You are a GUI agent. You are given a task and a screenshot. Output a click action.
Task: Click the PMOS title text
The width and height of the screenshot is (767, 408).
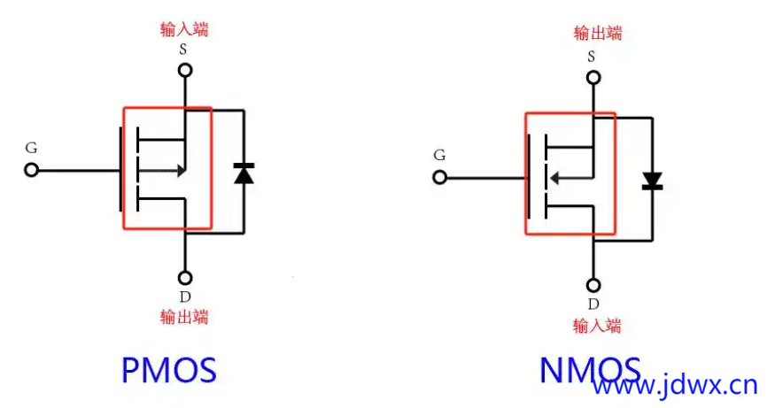pyautogui.click(x=168, y=370)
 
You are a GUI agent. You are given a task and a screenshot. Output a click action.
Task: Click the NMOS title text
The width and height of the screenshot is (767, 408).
pyautogui.click(x=591, y=370)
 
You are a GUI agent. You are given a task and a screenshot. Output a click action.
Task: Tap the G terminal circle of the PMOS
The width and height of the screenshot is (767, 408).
pyautogui.click(x=32, y=170)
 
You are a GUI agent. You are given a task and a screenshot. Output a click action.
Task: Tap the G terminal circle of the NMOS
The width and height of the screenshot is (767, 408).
pyautogui.click(x=439, y=177)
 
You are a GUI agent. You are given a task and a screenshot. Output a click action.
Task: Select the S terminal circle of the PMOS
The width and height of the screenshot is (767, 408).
pyautogui.click(x=184, y=69)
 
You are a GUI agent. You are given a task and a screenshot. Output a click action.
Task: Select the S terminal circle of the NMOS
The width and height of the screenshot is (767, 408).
pyautogui.click(x=593, y=77)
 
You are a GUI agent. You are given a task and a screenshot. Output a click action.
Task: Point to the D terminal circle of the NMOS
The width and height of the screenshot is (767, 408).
pyautogui.click(x=593, y=285)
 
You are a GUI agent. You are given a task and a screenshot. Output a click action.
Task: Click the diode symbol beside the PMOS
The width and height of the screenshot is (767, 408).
pyautogui.click(x=243, y=173)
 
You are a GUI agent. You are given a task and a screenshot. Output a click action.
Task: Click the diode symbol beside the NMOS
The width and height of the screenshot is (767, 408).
pyautogui.click(x=653, y=181)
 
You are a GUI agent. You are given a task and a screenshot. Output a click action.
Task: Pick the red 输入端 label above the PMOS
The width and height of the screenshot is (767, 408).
pyautogui.click(x=184, y=29)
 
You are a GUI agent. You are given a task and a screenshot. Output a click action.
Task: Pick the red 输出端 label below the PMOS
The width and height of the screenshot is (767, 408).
pyautogui.click(x=184, y=316)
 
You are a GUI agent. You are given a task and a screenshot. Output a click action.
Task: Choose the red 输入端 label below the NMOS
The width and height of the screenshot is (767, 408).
pyautogui.click(x=597, y=325)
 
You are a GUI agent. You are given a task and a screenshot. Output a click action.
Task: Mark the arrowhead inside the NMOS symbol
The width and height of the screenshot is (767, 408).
pyautogui.click(x=554, y=178)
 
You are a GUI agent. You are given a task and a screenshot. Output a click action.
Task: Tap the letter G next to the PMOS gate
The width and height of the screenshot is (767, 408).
pyautogui.click(x=32, y=147)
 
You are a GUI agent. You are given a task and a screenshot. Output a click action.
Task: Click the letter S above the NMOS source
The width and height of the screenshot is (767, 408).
pyautogui.click(x=593, y=57)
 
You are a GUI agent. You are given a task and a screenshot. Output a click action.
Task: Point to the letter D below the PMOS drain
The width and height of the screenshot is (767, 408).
pyautogui.click(x=184, y=296)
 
